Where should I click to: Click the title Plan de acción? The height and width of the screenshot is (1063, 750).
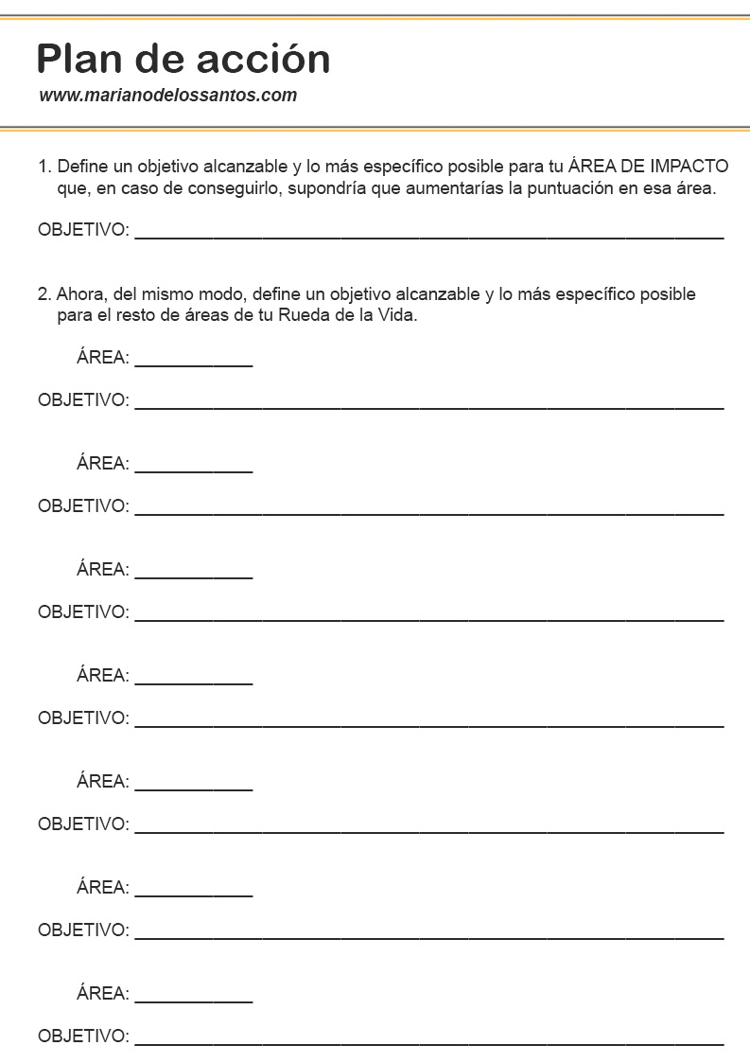[x=183, y=59]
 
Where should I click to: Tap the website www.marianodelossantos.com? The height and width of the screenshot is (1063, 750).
[x=168, y=96]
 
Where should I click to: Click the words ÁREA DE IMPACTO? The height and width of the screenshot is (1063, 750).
[x=649, y=167]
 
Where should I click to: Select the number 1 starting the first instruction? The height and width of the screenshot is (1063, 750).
[x=43, y=167]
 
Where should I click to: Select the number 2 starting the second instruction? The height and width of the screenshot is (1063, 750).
[x=44, y=294]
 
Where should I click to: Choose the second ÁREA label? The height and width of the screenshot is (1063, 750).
[x=102, y=463]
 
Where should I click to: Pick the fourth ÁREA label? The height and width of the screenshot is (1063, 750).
[x=102, y=675]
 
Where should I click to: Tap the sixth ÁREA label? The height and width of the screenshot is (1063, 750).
[x=102, y=887]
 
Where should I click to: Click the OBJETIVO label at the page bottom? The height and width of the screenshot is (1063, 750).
[x=82, y=1036]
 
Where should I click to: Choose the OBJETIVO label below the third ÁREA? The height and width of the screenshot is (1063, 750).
[x=82, y=611]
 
